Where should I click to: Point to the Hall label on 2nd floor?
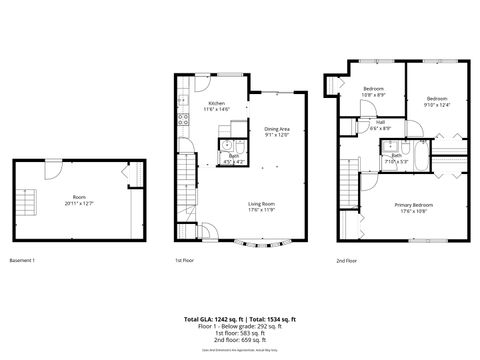(x=380, y=125)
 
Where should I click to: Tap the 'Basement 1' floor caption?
(x=22, y=261)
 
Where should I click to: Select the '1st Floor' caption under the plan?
(x=184, y=261)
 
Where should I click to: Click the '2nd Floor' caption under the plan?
(x=346, y=261)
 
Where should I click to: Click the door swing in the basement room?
(x=125, y=177)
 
